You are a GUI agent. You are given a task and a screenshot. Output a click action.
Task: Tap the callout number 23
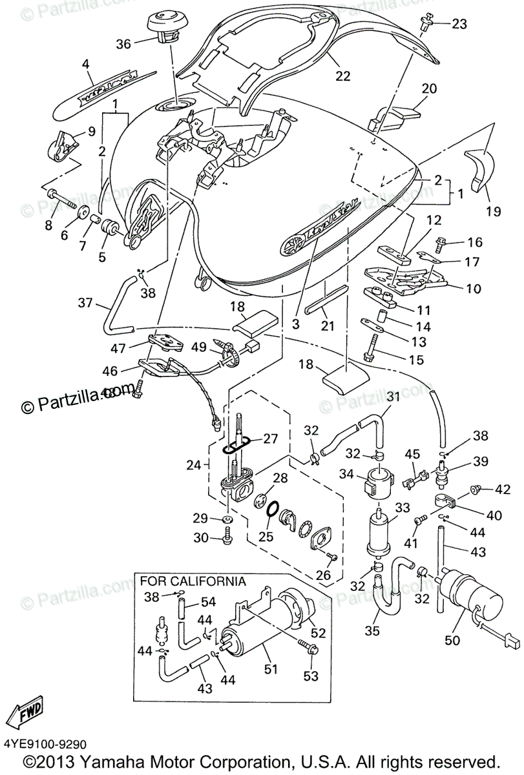point(458,25)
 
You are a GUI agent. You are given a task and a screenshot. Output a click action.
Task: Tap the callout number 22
point(342,76)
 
